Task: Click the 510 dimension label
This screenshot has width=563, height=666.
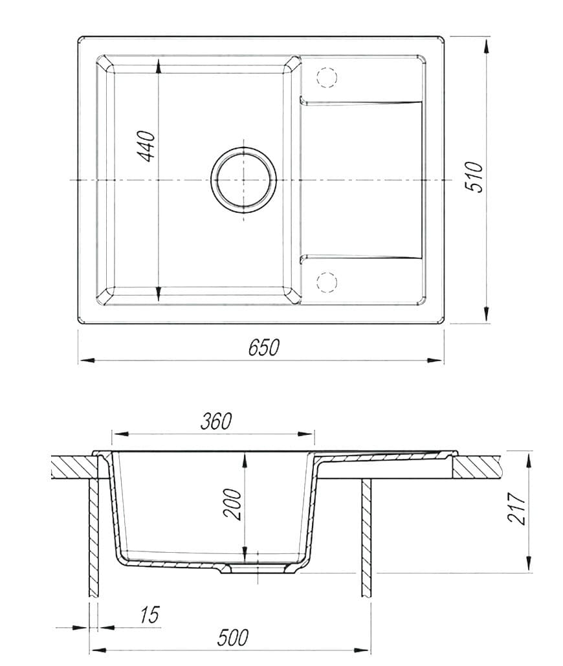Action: click(x=474, y=176)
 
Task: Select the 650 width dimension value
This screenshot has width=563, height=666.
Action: click(x=264, y=348)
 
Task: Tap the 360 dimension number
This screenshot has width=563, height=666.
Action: click(x=215, y=421)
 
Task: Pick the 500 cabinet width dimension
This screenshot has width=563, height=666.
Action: click(x=232, y=638)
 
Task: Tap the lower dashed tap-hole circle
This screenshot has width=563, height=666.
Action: click(x=327, y=282)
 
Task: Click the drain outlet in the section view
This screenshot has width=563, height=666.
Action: click(x=258, y=568)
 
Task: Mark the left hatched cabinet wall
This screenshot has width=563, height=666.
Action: click(x=93, y=537)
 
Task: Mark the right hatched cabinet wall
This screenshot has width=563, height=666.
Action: click(x=366, y=537)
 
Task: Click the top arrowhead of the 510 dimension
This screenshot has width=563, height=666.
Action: click(x=485, y=43)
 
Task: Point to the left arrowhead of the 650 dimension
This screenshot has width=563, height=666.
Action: click(x=84, y=360)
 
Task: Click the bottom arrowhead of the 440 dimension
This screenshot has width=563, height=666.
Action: click(x=158, y=298)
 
